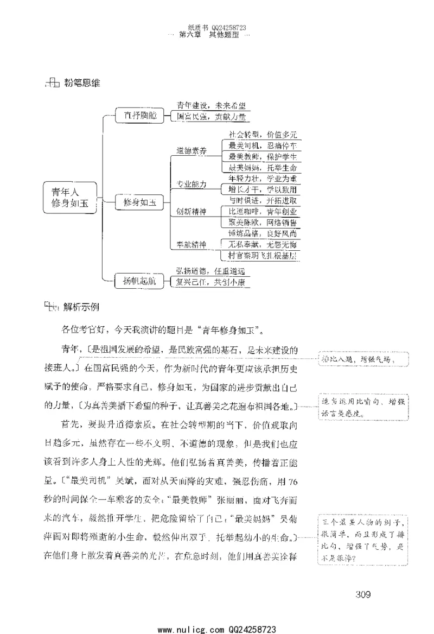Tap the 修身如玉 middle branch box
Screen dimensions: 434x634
click(139, 202)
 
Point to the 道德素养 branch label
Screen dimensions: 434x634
click(191, 151)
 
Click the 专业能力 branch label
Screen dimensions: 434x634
click(191, 185)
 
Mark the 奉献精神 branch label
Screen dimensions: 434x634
click(191, 245)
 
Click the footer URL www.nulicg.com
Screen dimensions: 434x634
click(187, 629)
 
